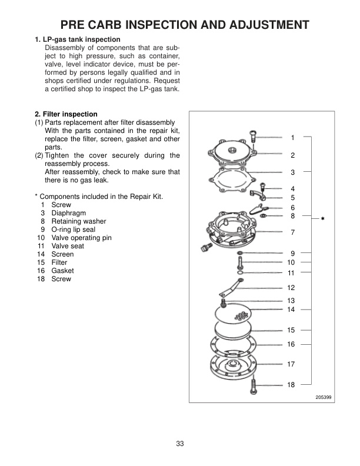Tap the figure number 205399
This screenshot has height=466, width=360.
[323, 397]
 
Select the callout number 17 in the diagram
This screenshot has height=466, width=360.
[291, 364]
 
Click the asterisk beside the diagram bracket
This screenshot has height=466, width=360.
[323, 219]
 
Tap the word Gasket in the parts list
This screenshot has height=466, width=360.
[63, 271]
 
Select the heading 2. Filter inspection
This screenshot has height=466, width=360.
[66, 114]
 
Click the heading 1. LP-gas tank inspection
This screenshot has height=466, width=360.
[78, 39]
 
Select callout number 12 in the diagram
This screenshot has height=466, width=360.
[291, 288]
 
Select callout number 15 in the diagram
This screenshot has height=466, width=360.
[291, 329]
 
